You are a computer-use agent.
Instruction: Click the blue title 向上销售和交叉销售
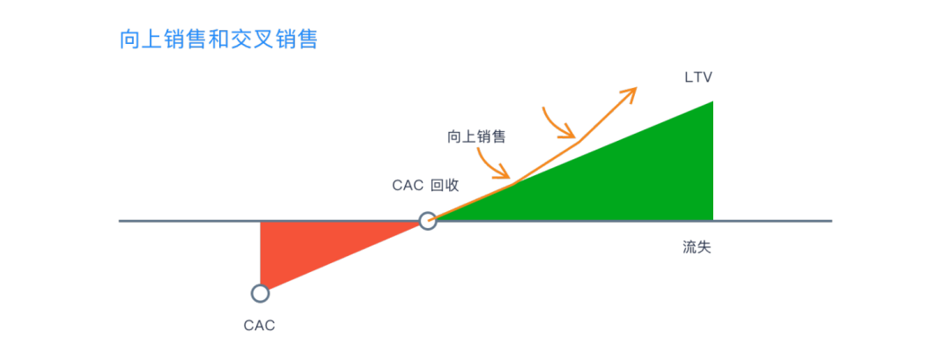click(218, 40)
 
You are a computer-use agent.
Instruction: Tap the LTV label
click(698, 77)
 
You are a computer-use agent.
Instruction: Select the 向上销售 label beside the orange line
click(476, 136)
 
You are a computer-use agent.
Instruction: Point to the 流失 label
click(697, 247)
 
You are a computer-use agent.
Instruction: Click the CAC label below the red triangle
click(260, 326)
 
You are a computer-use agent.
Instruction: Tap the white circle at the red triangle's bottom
click(260, 293)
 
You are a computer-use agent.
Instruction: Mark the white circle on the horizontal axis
click(427, 221)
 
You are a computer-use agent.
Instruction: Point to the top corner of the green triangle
click(711, 102)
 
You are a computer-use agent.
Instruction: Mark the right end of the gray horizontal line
click(830, 221)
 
